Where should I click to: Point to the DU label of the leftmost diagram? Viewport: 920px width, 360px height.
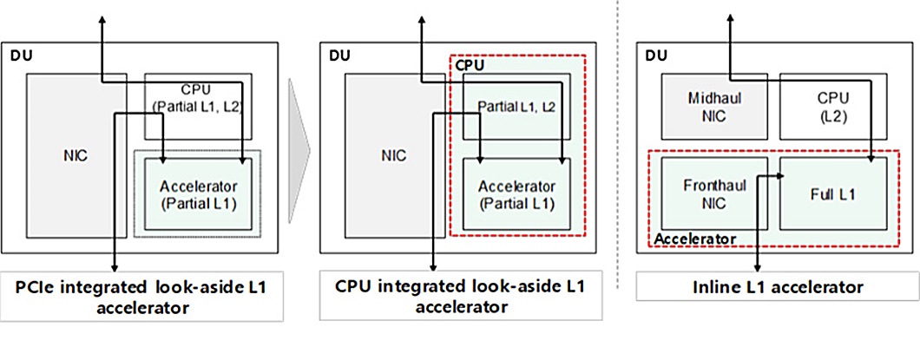pos(19,56)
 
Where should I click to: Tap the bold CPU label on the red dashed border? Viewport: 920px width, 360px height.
pos(470,65)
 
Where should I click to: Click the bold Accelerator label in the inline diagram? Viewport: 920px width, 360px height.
pos(695,238)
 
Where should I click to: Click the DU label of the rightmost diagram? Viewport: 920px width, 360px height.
pos(657,56)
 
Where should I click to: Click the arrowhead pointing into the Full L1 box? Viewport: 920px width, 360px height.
pos(780,176)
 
